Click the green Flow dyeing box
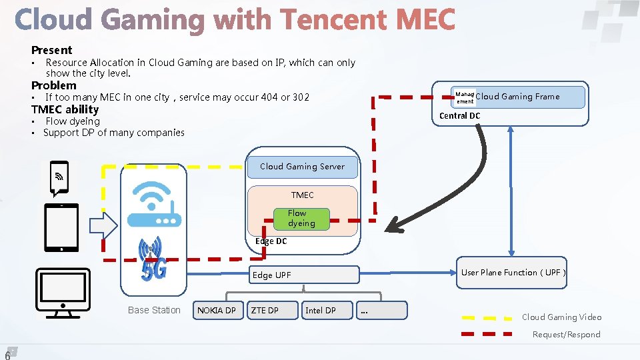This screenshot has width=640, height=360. click(x=301, y=219)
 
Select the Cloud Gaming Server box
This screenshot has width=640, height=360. click(x=302, y=167)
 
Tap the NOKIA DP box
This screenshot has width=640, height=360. click(x=217, y=310)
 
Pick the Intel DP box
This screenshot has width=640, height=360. click(x=326, y=310)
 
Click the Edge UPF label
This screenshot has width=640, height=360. click(x=272, y=275)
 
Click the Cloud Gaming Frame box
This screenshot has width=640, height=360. click(x=518, y=97)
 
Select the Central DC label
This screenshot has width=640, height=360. click(x=459, y=116)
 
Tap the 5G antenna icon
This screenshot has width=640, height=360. click(x=151, y=258)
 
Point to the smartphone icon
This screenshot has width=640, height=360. click(x=60, y=177)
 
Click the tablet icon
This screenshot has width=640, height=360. click(x=61, y=227)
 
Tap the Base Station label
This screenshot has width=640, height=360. click(x=154, y=310)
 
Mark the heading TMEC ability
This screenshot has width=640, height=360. click(x=65, y=109)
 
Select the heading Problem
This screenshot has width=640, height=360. click(x=54, y=85)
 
